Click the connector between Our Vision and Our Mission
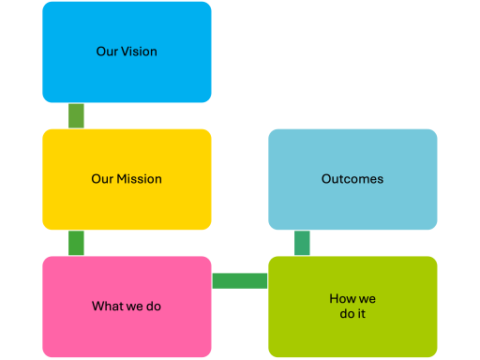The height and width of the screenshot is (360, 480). (76, 115)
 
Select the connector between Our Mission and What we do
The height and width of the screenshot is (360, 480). (76, 243)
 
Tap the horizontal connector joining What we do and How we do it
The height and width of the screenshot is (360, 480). (240, 280)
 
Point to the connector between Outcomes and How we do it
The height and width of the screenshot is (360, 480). (302, 243)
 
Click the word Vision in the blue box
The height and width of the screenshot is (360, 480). (139, 52)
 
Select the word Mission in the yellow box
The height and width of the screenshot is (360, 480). (139, 179)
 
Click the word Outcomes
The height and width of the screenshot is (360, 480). (352, 179)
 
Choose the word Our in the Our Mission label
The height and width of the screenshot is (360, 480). (102, 179)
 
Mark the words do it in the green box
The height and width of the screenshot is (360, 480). (352, 314)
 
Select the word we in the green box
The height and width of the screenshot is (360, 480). (367, 299)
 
